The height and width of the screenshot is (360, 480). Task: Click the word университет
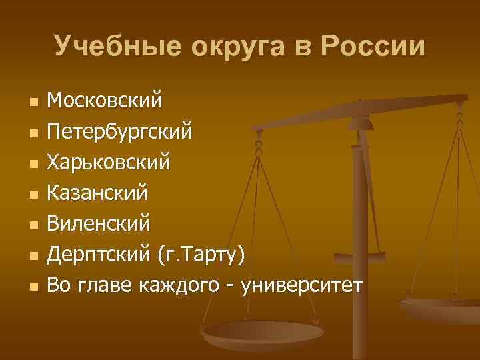pyautogui.click(x=303, y=285)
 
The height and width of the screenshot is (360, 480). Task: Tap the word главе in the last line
pyautogui.click(x=109, y=285)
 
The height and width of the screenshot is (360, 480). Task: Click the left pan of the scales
pyautogui.click(x=263, y=331)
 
